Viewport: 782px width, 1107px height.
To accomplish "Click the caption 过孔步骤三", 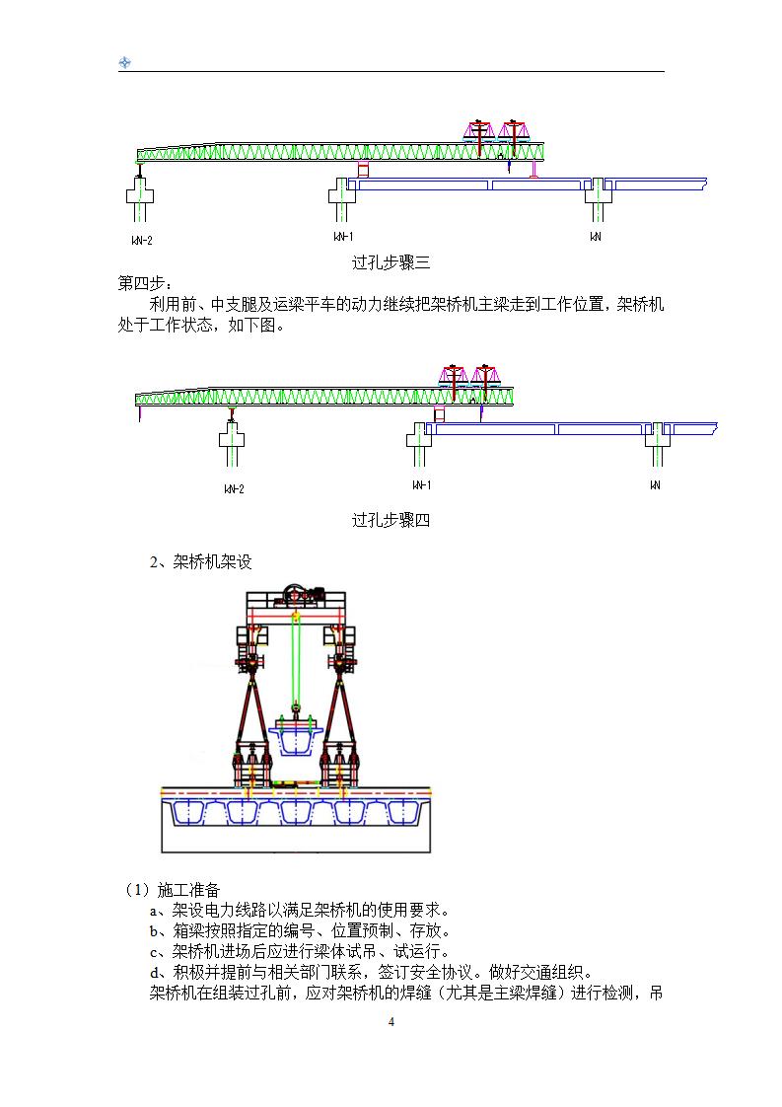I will (391, 262).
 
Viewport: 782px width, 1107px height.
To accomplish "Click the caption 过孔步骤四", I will (391, 520).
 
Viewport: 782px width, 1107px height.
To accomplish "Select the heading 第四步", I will (144, 284).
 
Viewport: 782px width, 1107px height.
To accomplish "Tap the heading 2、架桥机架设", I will (200, 562).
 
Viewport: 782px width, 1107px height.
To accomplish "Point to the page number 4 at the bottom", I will (391, 1022).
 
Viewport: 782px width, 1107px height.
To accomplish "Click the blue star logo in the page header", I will (125, 63).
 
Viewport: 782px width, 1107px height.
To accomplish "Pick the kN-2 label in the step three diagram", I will (141, 240).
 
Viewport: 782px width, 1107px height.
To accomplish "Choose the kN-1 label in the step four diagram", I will (421, 484).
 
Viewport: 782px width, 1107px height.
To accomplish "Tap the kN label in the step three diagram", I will (596, 237).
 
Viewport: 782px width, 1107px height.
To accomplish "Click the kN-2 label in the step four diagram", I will (234, 488).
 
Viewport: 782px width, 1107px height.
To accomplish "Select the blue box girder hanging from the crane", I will (296, 734).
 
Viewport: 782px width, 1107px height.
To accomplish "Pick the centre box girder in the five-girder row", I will (296, 812).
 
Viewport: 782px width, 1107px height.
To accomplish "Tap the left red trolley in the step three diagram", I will (479, 132).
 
